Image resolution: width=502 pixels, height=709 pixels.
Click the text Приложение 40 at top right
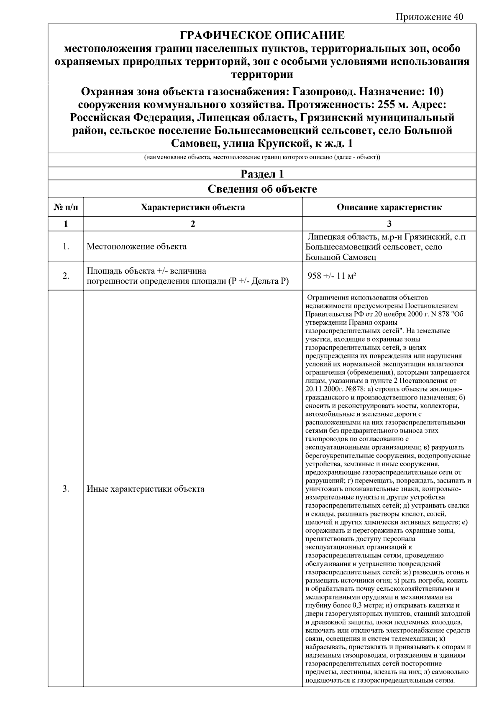click(x=429, y=17)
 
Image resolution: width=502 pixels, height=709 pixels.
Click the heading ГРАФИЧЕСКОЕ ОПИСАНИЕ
click(x=262, y=35)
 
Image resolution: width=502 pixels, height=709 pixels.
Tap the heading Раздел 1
click(x=262, y=174)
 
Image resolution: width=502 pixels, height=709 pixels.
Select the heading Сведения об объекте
click(x=262, y=189)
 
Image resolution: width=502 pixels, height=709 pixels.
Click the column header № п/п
click(x=66, y=207)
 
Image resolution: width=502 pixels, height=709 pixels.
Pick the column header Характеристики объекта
click(x=193, y=207)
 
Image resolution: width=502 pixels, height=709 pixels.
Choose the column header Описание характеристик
click(x=389, y=207)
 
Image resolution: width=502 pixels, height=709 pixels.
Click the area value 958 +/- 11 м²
click(x=332, y=276)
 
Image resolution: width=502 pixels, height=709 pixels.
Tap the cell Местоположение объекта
click(x=136, y=246)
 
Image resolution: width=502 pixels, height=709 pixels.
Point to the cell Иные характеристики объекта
click(x=145, y=489)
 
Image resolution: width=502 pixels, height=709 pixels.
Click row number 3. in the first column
click(x=66, y=489)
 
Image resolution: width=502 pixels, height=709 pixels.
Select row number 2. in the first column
click(x=66, y=276)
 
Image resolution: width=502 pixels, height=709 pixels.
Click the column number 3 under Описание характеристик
click(x=389, y=224)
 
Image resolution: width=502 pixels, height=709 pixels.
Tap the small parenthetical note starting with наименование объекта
click(x=262, y=158)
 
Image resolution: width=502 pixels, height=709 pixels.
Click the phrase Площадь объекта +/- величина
click(x=146, y=271)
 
